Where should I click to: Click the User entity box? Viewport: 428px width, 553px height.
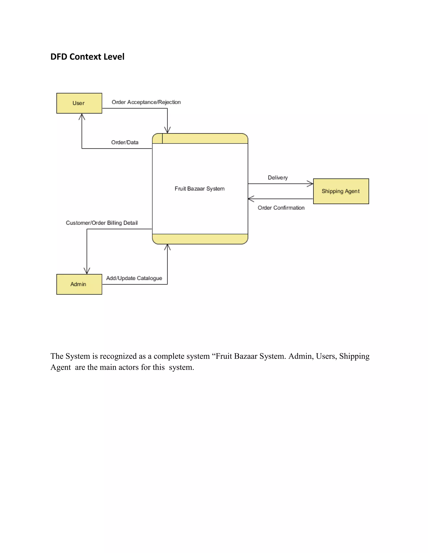tap(79, 103)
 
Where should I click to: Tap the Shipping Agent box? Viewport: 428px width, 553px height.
tap(341, 191)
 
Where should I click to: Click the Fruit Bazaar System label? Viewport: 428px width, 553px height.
tap(200, 189)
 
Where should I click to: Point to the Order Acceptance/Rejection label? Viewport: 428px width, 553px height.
tap(146, 102)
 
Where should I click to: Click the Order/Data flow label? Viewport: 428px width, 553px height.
tap(125, 142)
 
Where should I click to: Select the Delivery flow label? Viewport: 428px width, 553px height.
tap(278, 178)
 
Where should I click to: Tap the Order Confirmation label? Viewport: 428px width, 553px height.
tap(281, 208)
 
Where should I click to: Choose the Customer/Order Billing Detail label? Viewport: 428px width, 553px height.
tap(102, 223)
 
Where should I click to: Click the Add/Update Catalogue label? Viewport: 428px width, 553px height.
tap(134, 278)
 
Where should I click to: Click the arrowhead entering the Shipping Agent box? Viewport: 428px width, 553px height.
tap(311, 184)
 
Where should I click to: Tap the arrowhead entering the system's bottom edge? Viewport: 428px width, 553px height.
tap(167, 247)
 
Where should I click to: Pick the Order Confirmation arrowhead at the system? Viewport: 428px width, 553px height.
tap(251, 199)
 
